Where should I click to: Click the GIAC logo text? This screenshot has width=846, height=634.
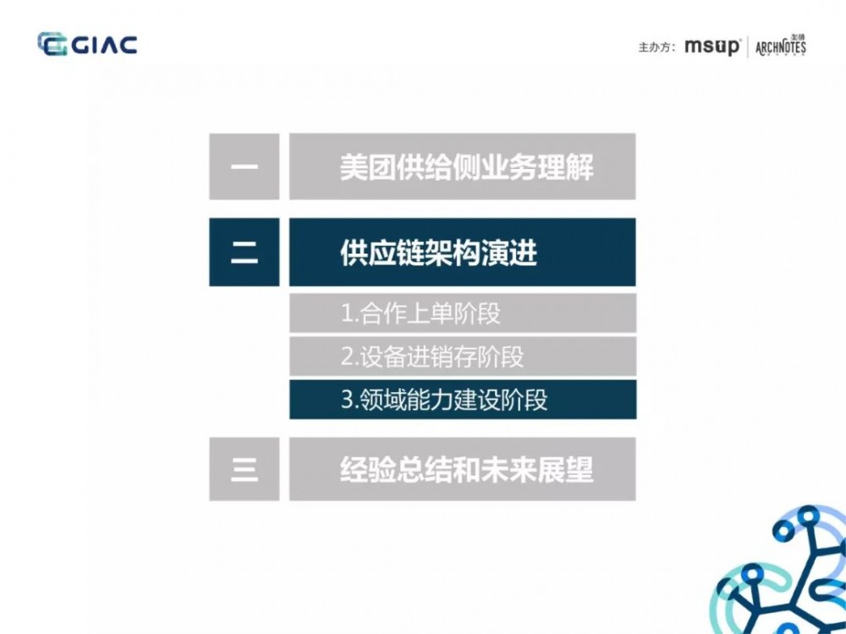103,44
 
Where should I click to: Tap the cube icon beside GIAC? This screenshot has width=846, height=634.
52,44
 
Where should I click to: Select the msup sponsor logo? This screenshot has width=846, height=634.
712,46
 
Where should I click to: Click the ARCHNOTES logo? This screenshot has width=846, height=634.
781,46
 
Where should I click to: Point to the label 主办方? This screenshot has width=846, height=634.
656,47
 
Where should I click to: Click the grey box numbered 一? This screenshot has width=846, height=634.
244,167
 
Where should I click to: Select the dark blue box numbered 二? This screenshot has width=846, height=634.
244,252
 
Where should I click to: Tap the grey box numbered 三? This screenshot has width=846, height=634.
244,469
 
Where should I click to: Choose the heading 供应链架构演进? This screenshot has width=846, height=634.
438,253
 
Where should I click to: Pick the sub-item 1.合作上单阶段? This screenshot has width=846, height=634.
420,314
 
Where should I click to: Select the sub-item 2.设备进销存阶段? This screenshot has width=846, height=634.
432,357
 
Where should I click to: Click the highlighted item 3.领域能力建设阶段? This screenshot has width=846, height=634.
444,400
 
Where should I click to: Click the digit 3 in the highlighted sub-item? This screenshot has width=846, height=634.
346,400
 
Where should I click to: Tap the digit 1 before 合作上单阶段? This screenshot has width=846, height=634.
346,314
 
